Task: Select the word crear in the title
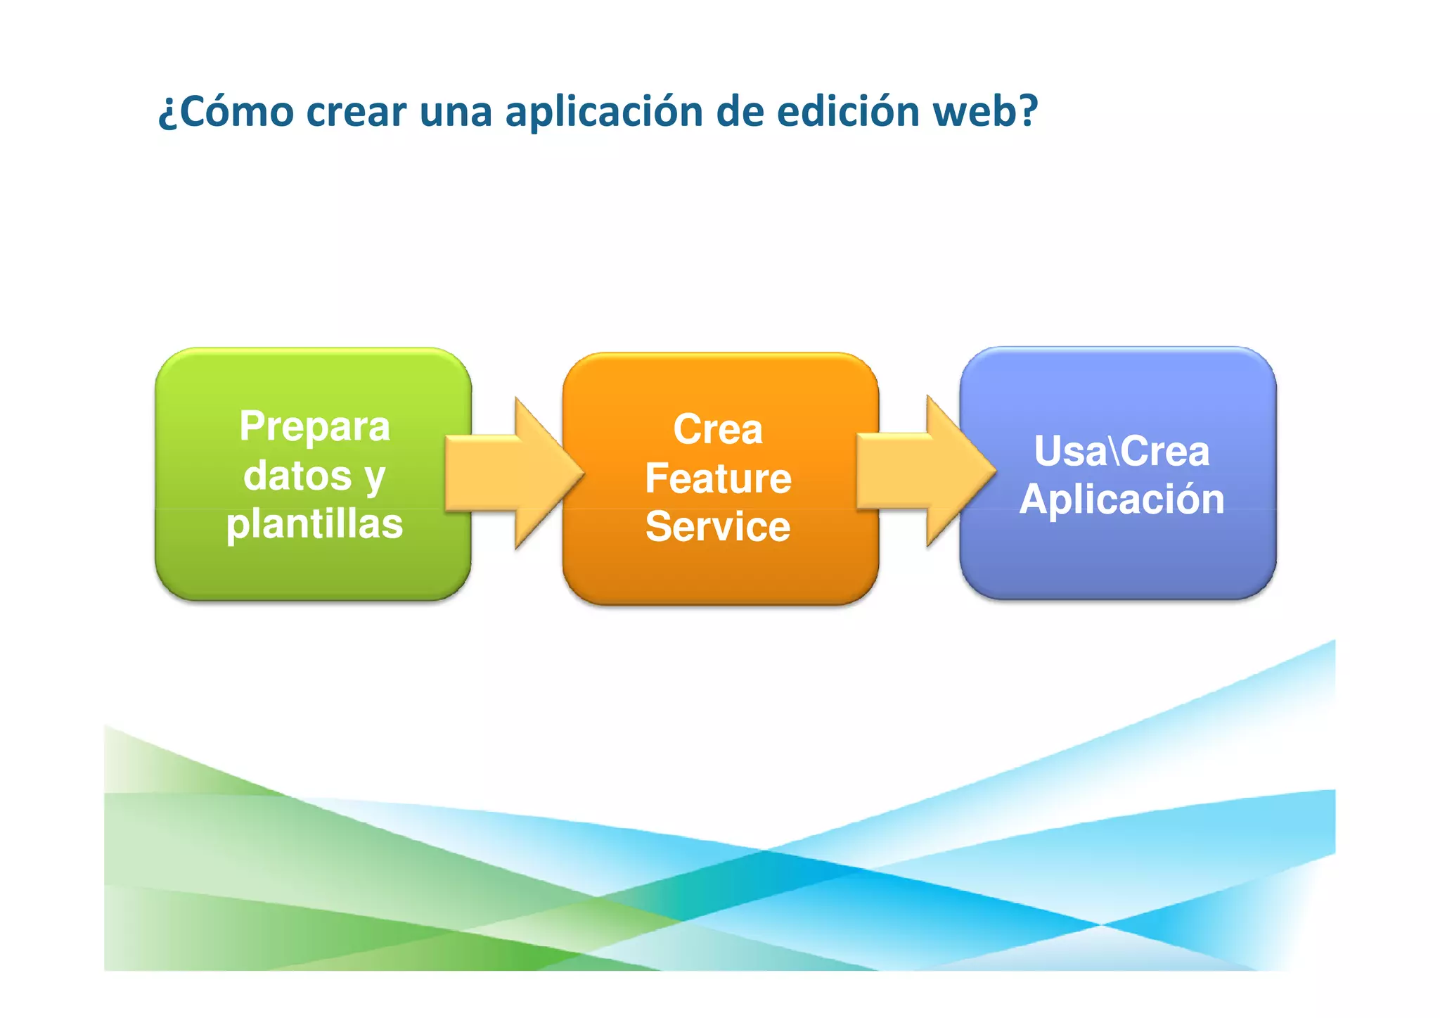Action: tap(356, 112)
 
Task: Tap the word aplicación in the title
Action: tap(604, 112)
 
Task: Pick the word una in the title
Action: tap(456, 112)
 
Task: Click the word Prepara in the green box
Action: tap(314, 426)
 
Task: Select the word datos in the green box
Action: tap(297, 476)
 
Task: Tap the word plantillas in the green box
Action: tap(314, 524)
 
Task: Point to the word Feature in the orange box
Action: tap(718, 478)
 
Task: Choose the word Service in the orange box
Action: tap(718, 527)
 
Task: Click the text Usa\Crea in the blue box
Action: tap(1121, 451)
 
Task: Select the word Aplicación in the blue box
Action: tap(1121, 500)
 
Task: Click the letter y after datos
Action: tap(375, 478)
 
